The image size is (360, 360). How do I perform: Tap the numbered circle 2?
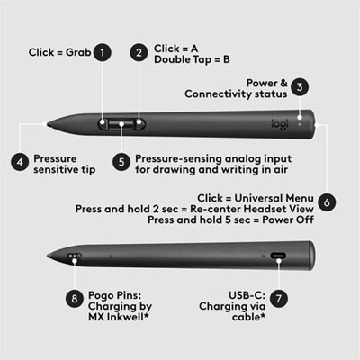click(x=139, y=52)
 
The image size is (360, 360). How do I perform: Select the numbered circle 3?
click(x=301, y=86)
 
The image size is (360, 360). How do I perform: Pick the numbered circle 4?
click(x=19, y=162)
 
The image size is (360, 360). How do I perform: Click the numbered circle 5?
click(x=121, y=162)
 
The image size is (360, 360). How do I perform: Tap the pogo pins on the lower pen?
click(x=74, y=256)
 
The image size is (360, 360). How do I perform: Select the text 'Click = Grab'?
click(x=59, y=52)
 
